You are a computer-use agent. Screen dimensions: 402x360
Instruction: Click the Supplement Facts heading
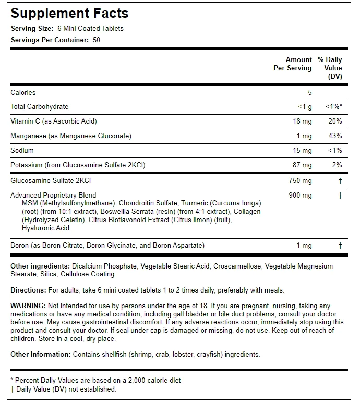[x=69, y=13]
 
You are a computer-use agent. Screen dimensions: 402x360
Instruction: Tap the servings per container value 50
[x=97, y=40]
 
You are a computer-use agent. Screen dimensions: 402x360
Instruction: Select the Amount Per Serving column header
[x=293, y=64]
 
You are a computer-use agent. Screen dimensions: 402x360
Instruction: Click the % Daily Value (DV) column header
[x=330, y=68]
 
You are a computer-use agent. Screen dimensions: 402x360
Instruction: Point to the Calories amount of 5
[x=309, y=92]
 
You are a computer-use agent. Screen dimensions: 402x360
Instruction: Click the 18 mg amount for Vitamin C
[x=303, y=121]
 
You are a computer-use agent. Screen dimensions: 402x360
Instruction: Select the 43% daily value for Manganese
[x=335, y=136]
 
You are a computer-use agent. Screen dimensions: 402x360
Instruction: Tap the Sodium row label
[x=22, y=150]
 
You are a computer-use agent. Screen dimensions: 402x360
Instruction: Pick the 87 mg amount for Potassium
[x=303, y=165]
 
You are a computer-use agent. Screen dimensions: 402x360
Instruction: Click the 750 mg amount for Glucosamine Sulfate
[x=301, y=180]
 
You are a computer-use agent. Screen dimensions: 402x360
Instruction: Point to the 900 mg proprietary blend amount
[x=301, y=195]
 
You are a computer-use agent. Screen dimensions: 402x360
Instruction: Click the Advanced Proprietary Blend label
[x=53, y=195]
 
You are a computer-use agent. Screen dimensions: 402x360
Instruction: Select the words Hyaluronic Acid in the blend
[x=46, y=228]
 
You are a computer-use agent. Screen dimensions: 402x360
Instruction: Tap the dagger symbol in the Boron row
[x=340, y=245]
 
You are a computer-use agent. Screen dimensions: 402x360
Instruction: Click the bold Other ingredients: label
[x=40, y=266]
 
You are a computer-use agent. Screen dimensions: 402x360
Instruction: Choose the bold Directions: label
[x=28, y=290]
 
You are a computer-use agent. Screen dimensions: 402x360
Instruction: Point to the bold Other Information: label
[x=40, y=354]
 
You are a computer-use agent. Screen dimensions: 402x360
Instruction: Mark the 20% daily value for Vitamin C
[x=335, y=121]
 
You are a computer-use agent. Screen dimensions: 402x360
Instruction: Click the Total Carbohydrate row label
[x=39, y=106]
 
